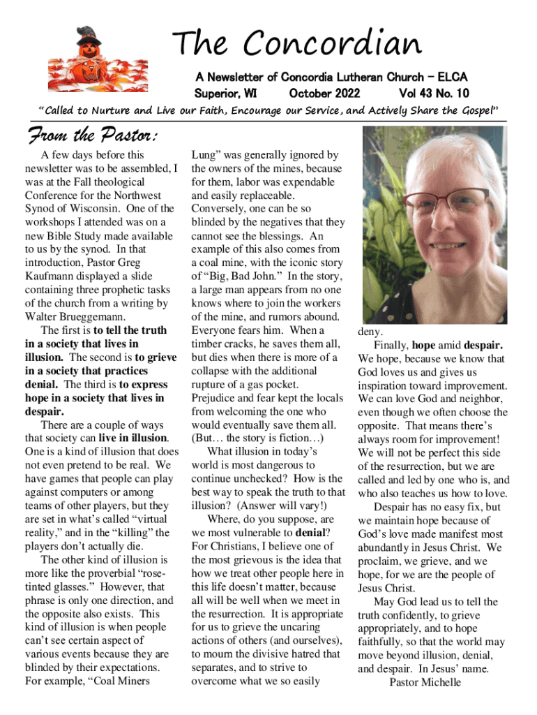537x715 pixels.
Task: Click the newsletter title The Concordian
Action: click(x=297, y=44)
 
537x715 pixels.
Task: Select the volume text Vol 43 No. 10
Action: click(x=434, y=93)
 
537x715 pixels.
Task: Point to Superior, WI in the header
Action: click(x=219, y=93)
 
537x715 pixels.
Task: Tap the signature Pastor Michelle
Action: click(x=425, y=681)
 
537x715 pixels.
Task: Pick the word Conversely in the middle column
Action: click(x=220, y=209)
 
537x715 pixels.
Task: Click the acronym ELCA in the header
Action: click(x=453, y=76)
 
